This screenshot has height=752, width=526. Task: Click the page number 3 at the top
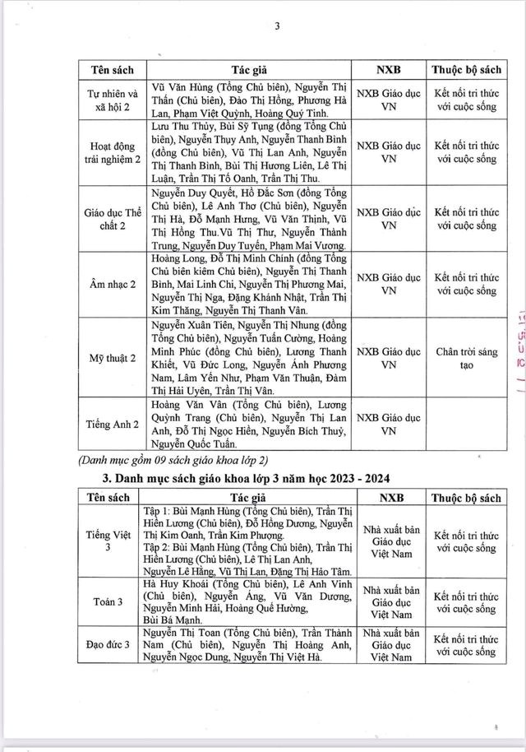click(x=278, y=25)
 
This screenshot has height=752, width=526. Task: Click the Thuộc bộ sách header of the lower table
click(x=467, y=498)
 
